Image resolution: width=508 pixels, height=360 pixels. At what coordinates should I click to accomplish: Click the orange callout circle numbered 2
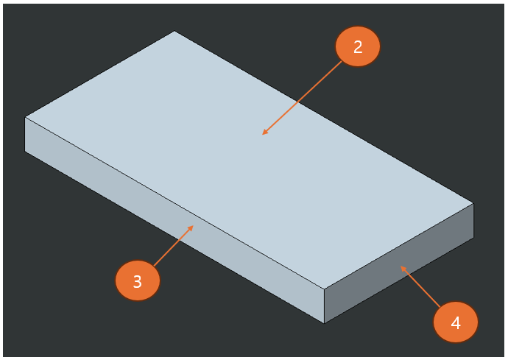click(x=358, y=47)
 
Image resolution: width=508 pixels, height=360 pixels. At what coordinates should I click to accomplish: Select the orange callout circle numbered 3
click(x=138, y=281)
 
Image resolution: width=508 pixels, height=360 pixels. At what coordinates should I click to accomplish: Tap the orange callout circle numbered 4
click(x=456, y=322)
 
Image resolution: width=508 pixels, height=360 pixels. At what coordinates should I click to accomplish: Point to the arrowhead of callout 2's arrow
click(x=264, y=133)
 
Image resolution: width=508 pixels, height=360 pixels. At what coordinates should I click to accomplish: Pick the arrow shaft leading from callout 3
click(x=173, y=245)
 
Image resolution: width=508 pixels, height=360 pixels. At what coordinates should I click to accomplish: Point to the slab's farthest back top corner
click(x=174, y=31)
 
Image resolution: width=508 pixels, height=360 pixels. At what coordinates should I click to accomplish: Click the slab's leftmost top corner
click(x=25, y=117)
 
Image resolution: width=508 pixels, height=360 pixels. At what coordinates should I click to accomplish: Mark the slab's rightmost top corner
click(x=473, y=203)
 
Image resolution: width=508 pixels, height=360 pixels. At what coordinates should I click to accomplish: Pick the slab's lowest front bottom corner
click(x=325, y=322)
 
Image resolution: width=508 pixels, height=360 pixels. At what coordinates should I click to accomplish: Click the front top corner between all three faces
click(x=325, y=289)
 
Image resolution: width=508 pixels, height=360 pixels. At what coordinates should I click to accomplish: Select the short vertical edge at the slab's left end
click(x=25, y=134)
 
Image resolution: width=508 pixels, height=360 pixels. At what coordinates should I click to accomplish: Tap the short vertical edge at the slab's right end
click(x=473, y=220)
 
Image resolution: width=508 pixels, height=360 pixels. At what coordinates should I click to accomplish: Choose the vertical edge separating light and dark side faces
click(x=325, y=306)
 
